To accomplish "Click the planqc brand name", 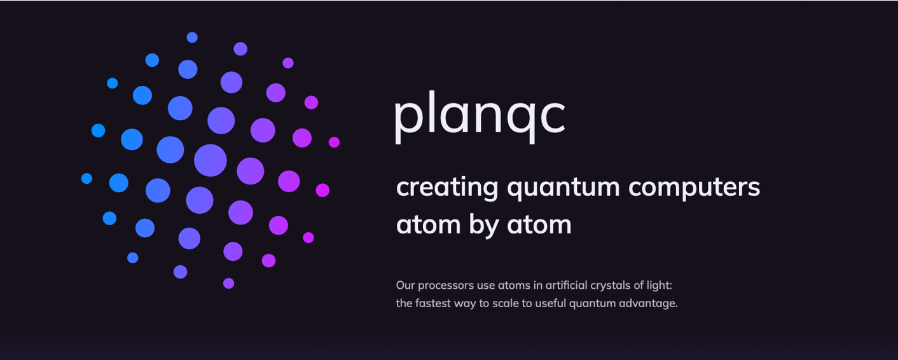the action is [480, 116].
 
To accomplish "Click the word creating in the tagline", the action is [447, 188].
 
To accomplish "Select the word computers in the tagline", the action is [694, 188].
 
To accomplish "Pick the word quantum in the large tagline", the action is [563, 188].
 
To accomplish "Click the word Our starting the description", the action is [405, 286].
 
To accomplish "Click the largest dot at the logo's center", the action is [210, 160].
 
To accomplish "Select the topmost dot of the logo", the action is [192, 38].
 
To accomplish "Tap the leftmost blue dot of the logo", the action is [86, 178].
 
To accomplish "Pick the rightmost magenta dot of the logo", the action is [334, 142].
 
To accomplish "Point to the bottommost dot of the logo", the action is [228, 284].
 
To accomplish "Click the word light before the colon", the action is [659, 286].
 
